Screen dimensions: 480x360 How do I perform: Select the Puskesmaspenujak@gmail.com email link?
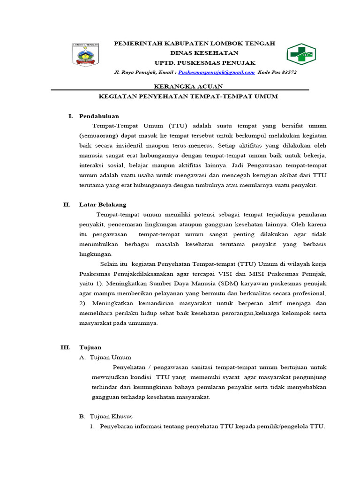click(x=217, y=73)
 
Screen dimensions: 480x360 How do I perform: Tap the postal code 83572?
click(x=286, y=73)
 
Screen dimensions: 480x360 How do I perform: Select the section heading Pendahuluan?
click(x=99, y=116)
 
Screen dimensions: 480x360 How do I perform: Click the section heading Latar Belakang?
click(x=103, y=204)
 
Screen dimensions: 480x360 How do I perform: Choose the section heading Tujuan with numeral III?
click(x=90, y=347)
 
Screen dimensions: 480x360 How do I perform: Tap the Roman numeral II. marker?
click(x=67, y=204)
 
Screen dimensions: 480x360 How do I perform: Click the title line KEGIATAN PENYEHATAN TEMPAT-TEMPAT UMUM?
click(x=188, y=96)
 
